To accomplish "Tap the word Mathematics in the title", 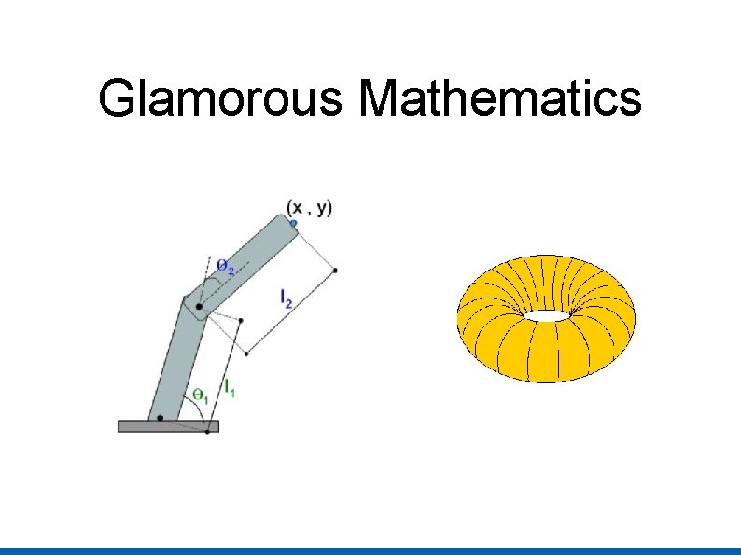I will coord(499,99).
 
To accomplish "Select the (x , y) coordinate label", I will coord(309,207).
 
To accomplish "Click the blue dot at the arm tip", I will coord(293,223).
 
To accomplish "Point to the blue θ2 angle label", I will coord(225,266).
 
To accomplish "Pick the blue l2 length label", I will coord(287,298).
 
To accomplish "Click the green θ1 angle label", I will coord(199,396).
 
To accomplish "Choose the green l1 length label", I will coord(229,385).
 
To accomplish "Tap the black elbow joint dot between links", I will coord(199,307).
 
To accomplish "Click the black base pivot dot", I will coord(161,417).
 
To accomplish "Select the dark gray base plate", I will coord(168,426).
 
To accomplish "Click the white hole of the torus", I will coord(546,315).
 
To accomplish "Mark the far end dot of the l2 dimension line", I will coord(335,270).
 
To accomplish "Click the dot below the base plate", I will coord(206,432).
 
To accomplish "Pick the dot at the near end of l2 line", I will coord(246,353).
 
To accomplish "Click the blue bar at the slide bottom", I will coord(370,550).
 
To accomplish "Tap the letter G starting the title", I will coord(116,99).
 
